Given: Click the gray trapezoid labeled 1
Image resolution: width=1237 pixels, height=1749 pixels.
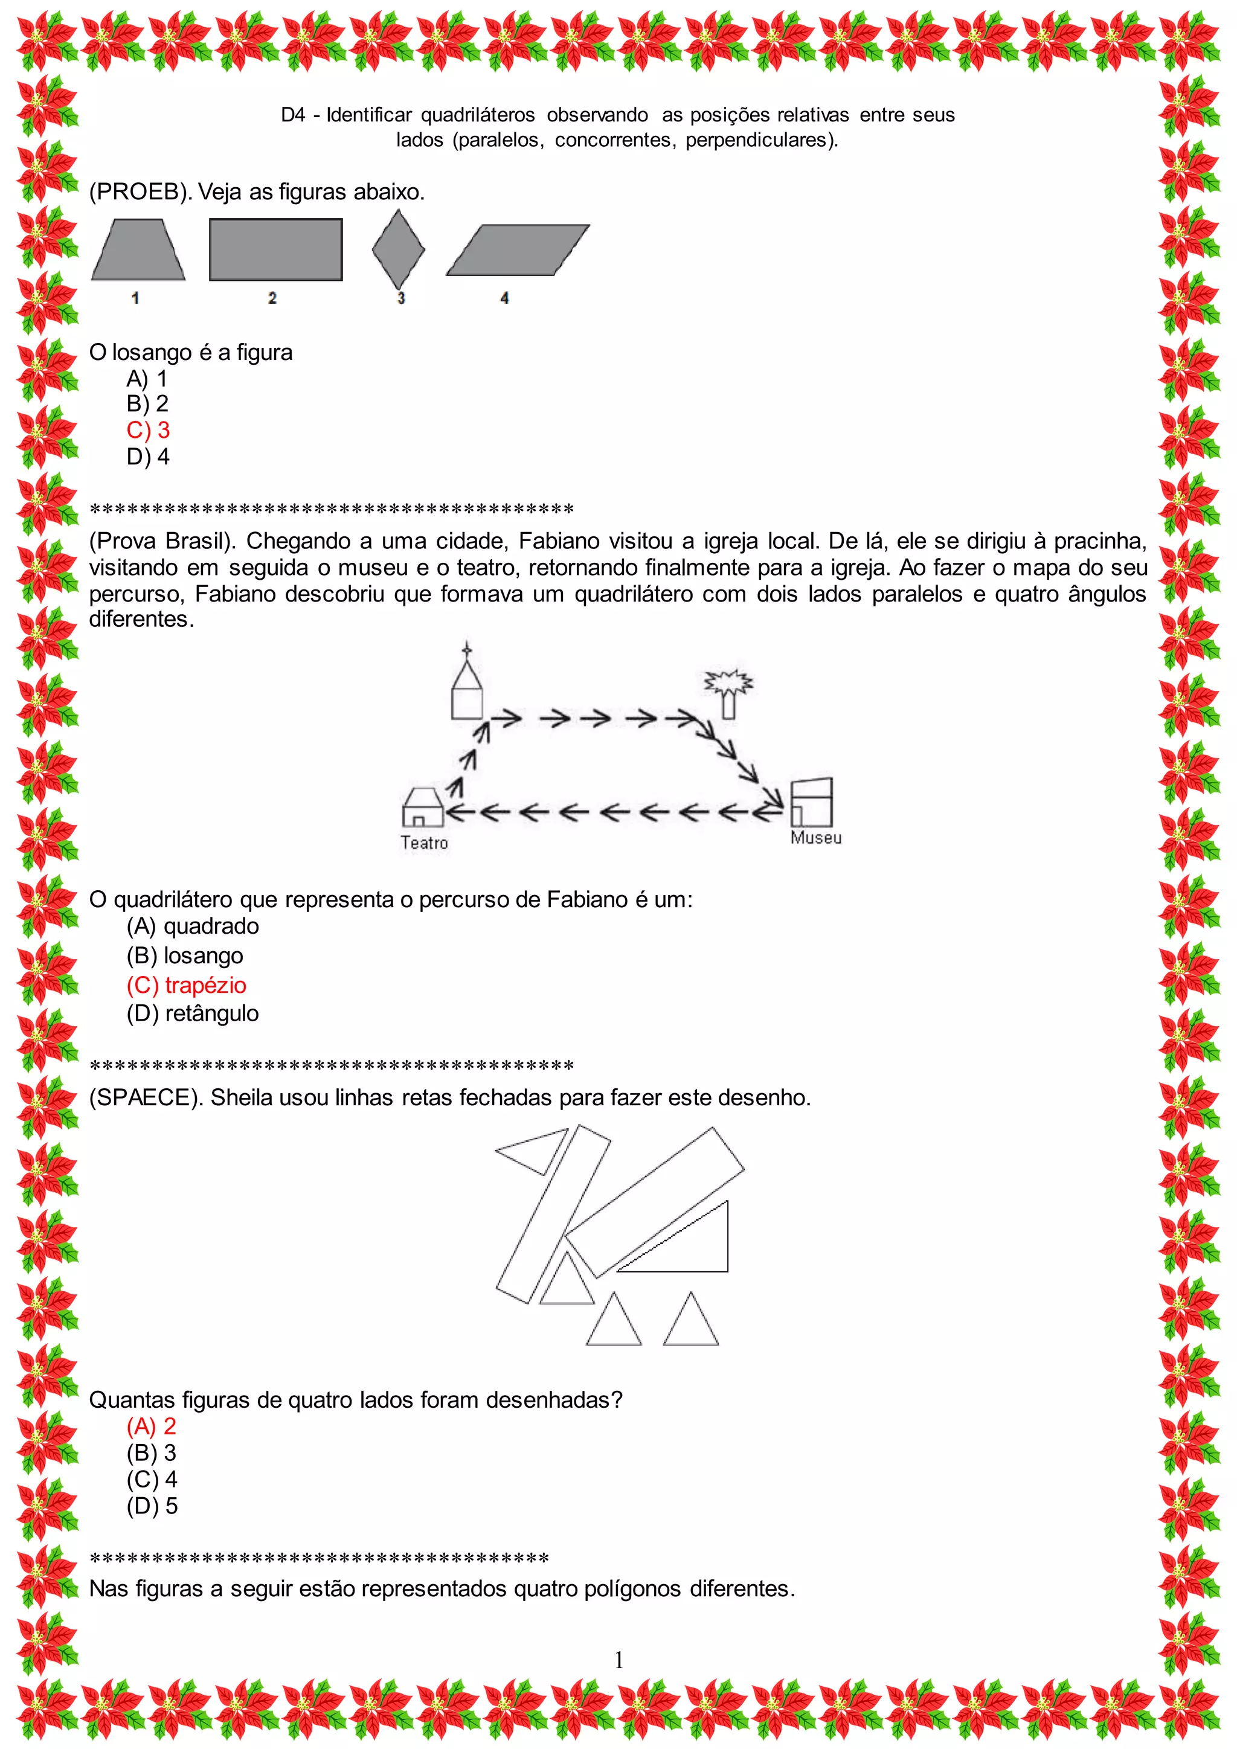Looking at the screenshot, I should tap(138, 251).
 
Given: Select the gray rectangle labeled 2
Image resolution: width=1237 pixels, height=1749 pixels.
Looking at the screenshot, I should tap(276, 250).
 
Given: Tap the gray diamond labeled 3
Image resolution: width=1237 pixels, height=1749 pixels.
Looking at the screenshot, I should tap(399, 250).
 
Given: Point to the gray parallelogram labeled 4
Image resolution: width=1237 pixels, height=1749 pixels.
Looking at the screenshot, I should tap(518, 250).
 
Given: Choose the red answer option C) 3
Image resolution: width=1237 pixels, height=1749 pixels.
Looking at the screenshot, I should tap(148, 431).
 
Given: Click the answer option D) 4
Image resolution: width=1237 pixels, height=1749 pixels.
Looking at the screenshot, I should tap(148, 457).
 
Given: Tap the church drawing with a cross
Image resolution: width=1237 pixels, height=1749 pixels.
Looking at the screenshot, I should tap(467, 685).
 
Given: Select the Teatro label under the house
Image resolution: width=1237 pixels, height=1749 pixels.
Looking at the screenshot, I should tap(424, 842).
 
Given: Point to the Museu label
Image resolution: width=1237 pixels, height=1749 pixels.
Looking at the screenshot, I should tap(816, 838).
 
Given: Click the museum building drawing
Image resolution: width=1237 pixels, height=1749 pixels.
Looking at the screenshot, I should tap(811, 802).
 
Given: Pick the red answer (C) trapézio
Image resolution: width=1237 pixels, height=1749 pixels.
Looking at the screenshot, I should tap(187, 985).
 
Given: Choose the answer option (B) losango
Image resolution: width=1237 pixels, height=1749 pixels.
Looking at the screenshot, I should tap(185, 956).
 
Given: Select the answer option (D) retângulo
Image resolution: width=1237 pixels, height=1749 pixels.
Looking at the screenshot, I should tap(193, 1014).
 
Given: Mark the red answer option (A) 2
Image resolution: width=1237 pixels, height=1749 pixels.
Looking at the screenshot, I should tap(152, 1426).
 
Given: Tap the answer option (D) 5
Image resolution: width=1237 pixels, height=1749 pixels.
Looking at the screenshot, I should tap(152, 1506).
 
